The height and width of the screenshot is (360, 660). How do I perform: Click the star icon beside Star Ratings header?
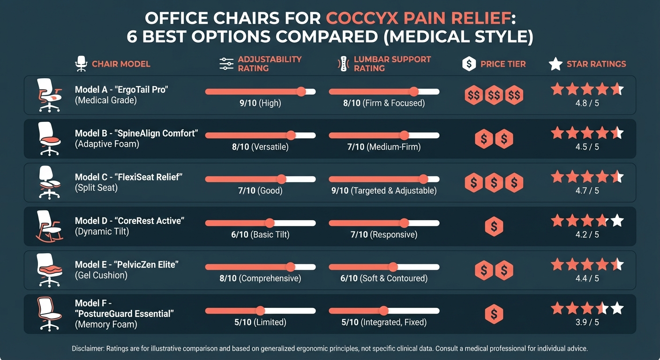[x=555, y=64]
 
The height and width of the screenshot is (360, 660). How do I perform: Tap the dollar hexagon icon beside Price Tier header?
[x=469, y=64]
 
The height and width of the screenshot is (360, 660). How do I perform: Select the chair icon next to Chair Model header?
[x=82, y=64]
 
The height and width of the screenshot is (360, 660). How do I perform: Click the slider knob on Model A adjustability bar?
[x=301, y=92]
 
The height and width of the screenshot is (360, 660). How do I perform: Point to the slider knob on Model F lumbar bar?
[x=383, y=311]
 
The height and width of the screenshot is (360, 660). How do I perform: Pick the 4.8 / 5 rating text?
[x=587, y=103]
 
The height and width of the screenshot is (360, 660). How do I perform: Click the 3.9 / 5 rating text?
[x=587, y=322]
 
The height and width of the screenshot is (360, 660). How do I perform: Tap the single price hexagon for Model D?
[x=494, y=226]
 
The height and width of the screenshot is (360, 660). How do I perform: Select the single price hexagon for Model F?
[x=494, y=314]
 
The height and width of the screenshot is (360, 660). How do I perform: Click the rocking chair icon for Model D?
[x=49, y=226]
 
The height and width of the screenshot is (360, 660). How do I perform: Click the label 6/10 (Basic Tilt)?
[x=260, y=234]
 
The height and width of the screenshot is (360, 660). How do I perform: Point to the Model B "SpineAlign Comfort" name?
[x=136, y=134]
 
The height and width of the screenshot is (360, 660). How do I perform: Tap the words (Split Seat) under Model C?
[x=96, y=187]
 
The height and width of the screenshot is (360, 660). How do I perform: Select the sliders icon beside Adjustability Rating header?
[x=226, y=64]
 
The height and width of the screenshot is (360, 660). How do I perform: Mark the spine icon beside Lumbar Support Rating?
[x=344, y=64]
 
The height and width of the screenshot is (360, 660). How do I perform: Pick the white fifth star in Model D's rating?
[x=617, y=220]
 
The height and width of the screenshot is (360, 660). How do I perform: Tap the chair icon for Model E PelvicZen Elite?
[x=49, y=270]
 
